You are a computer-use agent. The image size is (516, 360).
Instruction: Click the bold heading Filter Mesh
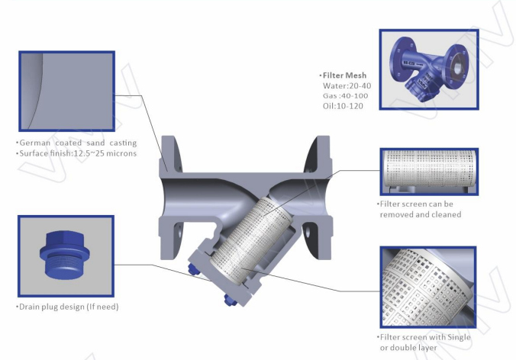tap(344, 76)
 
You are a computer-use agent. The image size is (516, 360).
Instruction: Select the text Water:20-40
tap(347, 86)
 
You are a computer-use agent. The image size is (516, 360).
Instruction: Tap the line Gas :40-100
tap(346, 95)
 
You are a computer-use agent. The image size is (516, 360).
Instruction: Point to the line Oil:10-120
tap(343, 106)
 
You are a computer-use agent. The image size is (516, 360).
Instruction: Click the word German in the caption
tap(35, 143)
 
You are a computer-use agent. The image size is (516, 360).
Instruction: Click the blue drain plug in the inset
tap(64, 255)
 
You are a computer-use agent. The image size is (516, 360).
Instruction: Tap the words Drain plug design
tap(52, 307)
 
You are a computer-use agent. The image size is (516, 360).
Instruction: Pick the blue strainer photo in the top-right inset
tap(429, 69)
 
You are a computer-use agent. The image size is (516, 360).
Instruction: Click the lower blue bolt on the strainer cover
tap(229, 300)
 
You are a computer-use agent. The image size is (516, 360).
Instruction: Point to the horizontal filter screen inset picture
tap(429, 172)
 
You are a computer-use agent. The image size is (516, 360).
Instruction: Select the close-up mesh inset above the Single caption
tap(428, 287)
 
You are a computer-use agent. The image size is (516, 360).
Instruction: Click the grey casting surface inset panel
tap(67, 91)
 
